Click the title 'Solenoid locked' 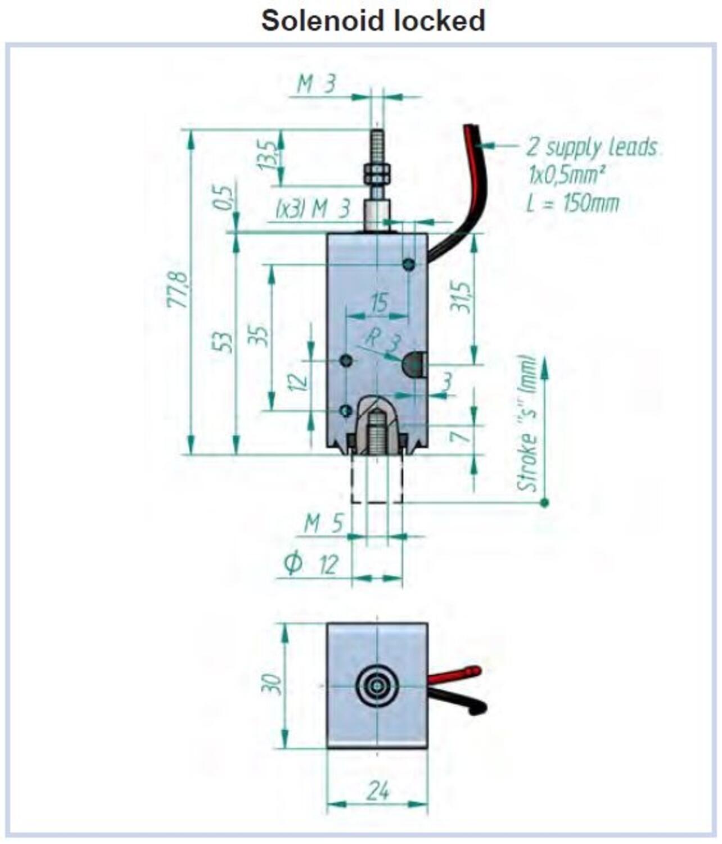point(373,20)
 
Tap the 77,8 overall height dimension point(178,290)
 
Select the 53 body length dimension point(223,342)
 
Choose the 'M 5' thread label point(323,523)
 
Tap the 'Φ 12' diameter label point(311,565)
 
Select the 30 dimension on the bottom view point(271,684)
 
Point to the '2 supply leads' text point(591,147)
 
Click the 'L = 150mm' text point(572,203)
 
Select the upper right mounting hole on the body point(409,264)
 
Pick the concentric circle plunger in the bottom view point(376,685)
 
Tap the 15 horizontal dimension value point(380,303)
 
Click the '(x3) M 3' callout point(313,209)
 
